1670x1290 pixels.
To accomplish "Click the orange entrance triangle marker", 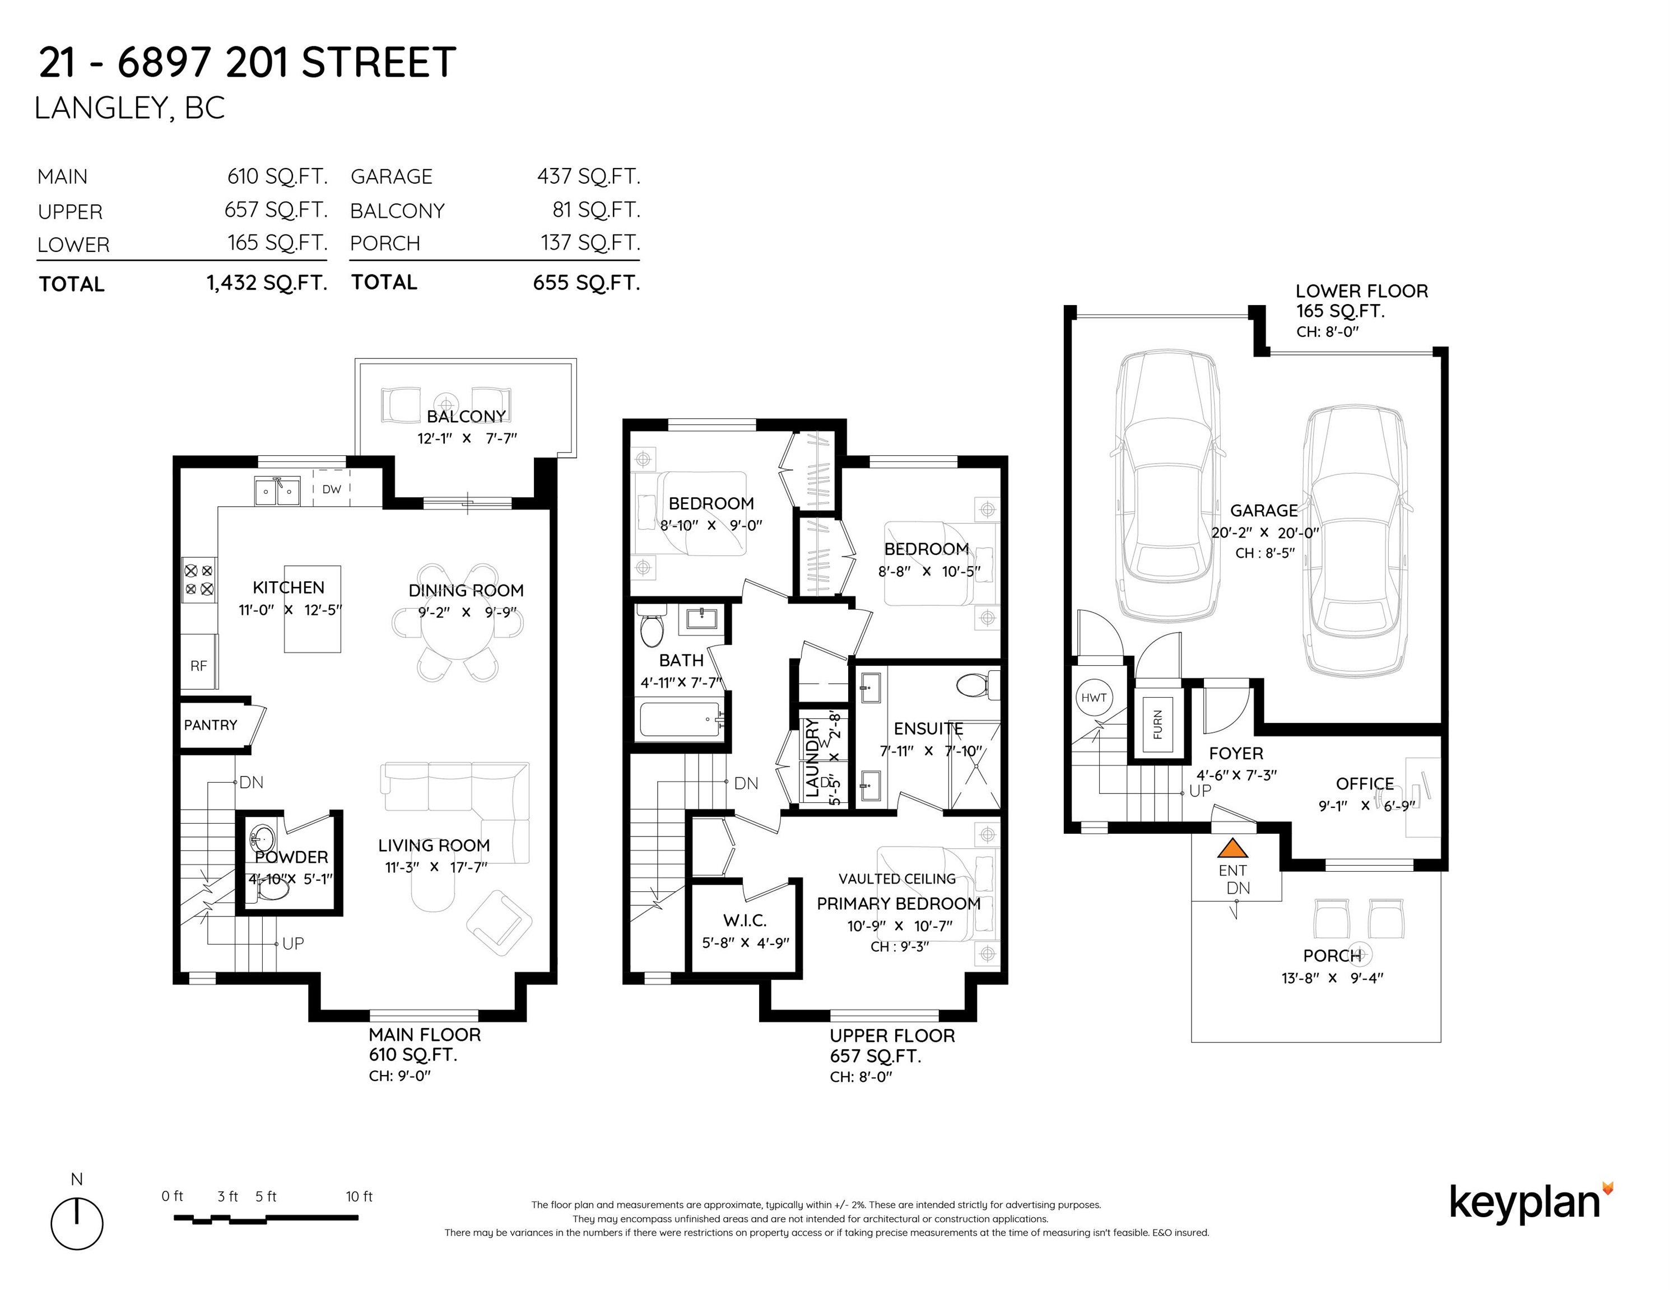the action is coord(1232,848).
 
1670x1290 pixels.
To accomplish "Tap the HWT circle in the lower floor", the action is coord(1094,697).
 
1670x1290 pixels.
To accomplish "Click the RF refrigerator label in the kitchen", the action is coord(199,666).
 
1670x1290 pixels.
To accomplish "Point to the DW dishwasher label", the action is coord(332,489).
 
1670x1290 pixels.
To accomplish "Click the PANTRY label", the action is coord(210,725).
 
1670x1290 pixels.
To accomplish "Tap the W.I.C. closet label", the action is coord(745,921).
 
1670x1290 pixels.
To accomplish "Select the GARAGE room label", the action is coord(1264,511).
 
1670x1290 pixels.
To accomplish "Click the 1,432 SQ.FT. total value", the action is coord(267,283).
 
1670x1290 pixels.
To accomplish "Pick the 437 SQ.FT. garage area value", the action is coord(589,176).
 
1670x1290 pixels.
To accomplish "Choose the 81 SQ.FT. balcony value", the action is coord(597,210).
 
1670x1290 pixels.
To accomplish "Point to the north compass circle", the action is coord(77,1223).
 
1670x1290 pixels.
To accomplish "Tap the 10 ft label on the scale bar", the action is coord(359,1196).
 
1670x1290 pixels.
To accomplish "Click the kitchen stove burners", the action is coord(199,580).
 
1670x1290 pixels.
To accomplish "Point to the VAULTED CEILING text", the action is coord(897,879).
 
